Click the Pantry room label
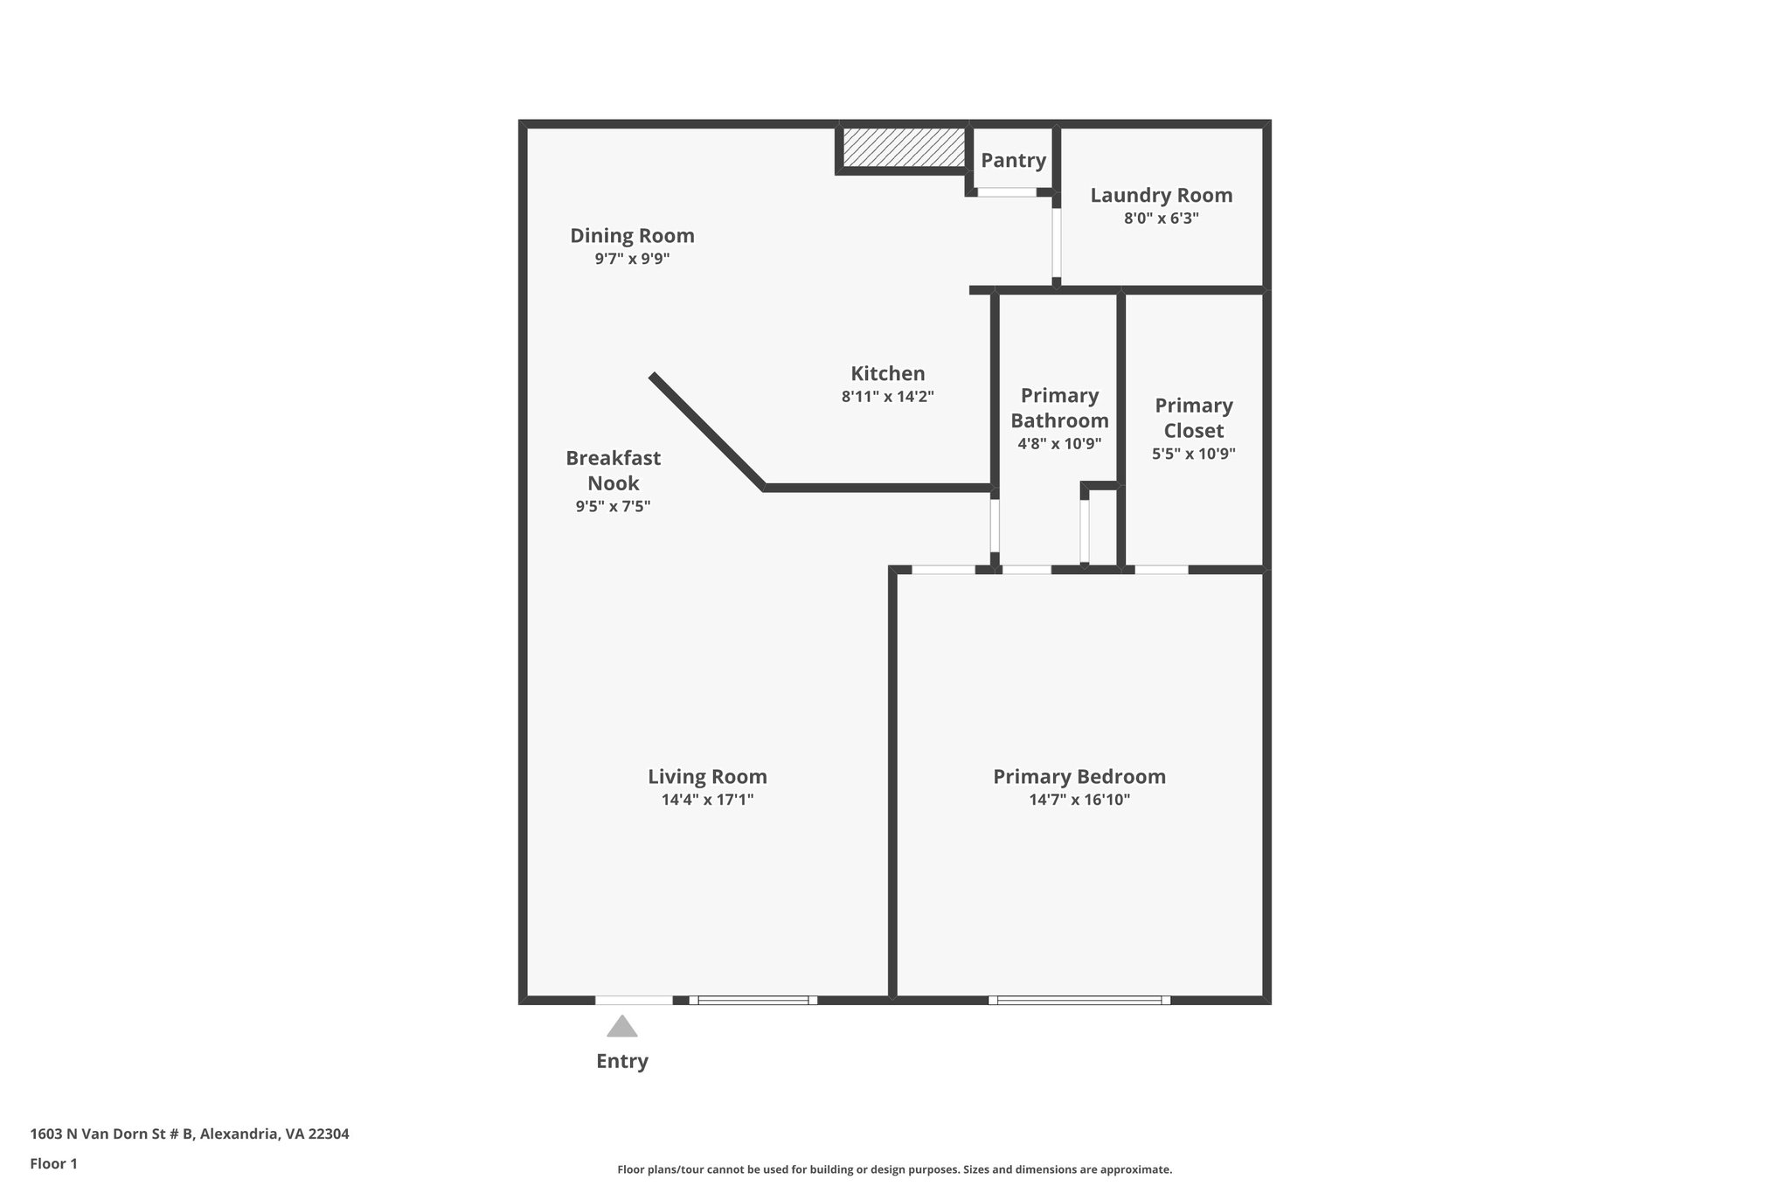click(x=1012, y=160)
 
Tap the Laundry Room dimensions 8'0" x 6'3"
click(x=1161, y=218)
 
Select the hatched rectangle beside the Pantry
click(x=904, y=147)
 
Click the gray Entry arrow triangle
click(x=621, y=1026)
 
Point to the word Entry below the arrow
click(x=621, y=1061)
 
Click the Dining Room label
click(x=632, y=235)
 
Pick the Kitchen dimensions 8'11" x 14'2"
click(x=887, y=396)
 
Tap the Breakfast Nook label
click(x=613, y=470)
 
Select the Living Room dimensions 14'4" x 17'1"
click(x=707, y=799)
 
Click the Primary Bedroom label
click(x=1079, y=776)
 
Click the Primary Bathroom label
click(x=1059, y=407)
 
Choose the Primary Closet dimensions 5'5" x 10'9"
click(x=1193, y=454)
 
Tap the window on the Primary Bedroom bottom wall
click(x=1079, y=1000)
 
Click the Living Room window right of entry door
click(x=753, y=1000)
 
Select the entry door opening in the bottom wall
click(x=634, y=1000)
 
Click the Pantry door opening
click(x=1006, y=191)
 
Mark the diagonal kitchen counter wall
click(x=706, y=430)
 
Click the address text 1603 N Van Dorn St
click(x=190, y=1134)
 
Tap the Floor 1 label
click(x=53, y=1163)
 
